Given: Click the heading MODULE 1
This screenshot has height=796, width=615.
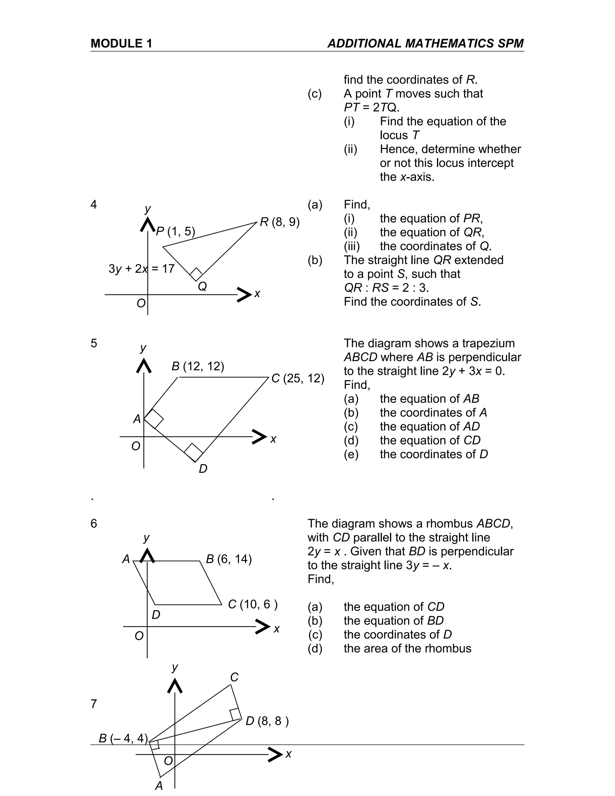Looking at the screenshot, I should coord(121,43).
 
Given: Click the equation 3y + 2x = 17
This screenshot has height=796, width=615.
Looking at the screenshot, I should coord(141,269).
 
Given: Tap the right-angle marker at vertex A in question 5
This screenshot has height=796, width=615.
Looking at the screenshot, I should coord(154,418).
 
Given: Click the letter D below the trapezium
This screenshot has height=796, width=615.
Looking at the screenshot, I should coord(203,469).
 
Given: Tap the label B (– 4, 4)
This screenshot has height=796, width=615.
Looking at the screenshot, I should coord(123,738).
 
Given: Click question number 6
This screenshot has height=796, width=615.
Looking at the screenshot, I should coord(94,523).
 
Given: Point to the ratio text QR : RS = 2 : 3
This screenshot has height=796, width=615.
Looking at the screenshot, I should coord(386,288).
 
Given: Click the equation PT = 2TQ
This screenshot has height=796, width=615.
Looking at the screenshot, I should coord(371,108).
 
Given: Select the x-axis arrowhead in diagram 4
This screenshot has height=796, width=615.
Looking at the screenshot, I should coord(244,294).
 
